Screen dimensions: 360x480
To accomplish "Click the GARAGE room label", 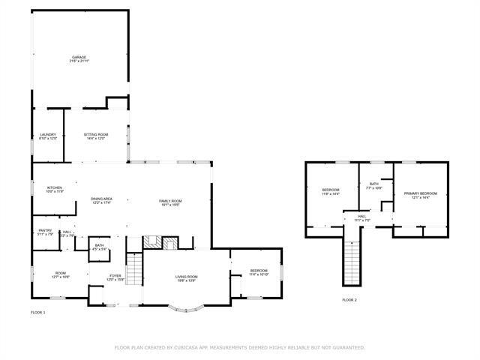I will tap(79, 58).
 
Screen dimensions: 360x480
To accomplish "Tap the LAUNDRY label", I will tap(48, 135).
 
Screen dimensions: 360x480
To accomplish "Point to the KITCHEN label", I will tap(55, 187).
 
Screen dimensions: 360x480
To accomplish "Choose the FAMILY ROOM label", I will tap(170, 201).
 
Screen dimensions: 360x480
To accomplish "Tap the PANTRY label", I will tap(45, 232).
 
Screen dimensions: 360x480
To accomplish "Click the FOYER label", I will tap(115, 276).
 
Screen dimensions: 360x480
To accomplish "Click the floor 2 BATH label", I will tap(373, 184).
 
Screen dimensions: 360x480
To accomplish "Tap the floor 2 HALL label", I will tap(361, 217).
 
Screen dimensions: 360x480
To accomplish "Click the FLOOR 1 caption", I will tap(38, 311).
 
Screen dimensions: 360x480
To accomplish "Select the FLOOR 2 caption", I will tap(349, 299).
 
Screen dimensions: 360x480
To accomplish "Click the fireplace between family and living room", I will tap(162, 242).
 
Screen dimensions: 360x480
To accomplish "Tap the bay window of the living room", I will tap(185, 307).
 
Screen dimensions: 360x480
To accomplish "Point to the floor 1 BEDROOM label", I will tap(259, 271).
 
